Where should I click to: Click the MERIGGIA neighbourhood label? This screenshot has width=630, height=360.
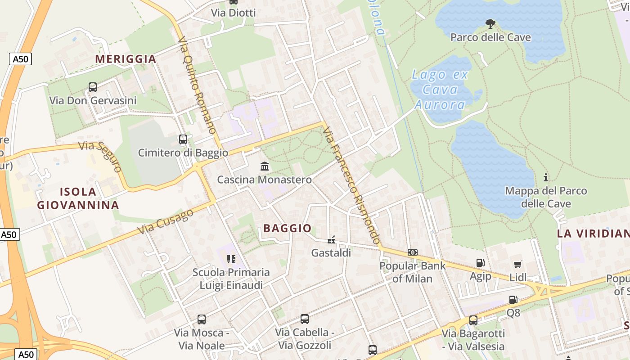click(x=126, y=59)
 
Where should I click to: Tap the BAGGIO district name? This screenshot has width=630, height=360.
click(x=288, y=228)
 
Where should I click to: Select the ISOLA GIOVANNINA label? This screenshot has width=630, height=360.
click(x=78, y=198)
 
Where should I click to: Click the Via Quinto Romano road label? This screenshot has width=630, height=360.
click(x=197, y=85)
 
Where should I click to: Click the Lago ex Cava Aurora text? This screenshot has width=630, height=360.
click(x=440, y=90)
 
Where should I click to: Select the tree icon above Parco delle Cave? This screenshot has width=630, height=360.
click(x=490, y=23)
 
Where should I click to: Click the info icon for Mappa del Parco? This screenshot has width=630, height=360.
click(x=546, y=177)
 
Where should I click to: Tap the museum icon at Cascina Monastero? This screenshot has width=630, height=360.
click(x=265, y=166)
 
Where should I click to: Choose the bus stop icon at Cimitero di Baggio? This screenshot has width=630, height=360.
click(x=183, y=139)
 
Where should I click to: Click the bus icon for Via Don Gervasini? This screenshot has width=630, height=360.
click(x=93, y=87)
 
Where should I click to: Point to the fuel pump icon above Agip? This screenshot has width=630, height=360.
click(x=480, y=263)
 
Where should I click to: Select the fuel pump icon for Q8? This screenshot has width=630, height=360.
click(x=513, y=299)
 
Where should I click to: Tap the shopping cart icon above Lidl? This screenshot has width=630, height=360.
click(x=517, y=264)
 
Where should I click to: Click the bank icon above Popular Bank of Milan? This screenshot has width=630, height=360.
click(x=412, y=252)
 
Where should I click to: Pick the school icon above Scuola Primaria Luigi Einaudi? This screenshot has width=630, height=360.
click(x=231, y=259)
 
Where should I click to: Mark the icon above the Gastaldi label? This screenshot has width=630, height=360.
click(x=331, y=240)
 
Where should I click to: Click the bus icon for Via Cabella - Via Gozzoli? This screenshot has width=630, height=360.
click(x=305, y=319)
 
